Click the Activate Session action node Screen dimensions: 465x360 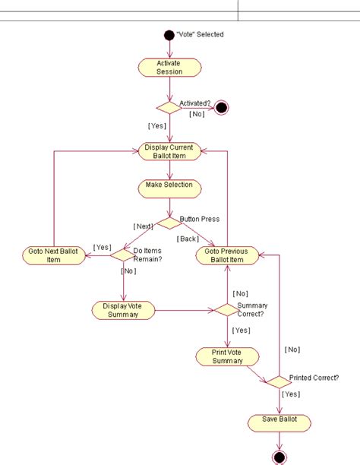pos(169,67)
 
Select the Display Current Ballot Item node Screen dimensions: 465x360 pos(169,151)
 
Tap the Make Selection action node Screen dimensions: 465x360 pos(169,185)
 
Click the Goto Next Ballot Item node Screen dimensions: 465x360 pos(53,255)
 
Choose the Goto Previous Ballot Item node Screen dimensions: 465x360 pos(227,255)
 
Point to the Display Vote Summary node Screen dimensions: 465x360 pos(123,310)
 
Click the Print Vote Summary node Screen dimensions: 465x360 pos(227,356)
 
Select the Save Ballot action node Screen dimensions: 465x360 pos(279,422)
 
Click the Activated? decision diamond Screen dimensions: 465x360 pos(169,107)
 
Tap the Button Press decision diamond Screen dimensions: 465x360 pos(169,221)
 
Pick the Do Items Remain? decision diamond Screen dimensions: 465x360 pos(123,255)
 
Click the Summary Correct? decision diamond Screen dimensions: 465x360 pos(227,310)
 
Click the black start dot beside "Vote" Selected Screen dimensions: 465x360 pos(169,34)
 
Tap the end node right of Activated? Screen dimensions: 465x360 pos(222,107)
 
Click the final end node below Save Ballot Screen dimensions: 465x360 pos(279,457)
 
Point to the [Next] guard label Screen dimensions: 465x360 pos(144,226)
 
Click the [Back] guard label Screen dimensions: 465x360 pos(188,239)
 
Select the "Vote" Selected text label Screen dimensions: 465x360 pos(200,34)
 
